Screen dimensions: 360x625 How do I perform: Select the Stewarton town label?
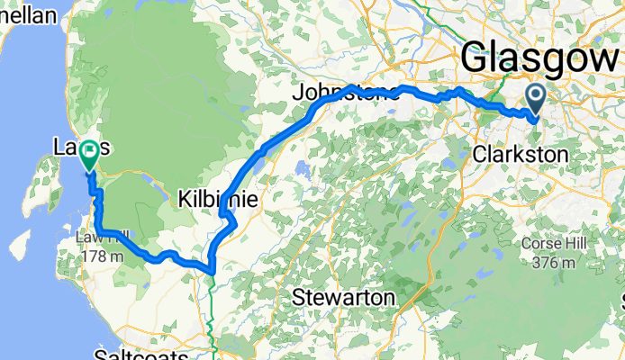(x=344, y=297)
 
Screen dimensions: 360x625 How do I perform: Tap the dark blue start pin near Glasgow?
(x=535, y=99)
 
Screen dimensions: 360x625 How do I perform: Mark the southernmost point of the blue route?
(x=210, y=270)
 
